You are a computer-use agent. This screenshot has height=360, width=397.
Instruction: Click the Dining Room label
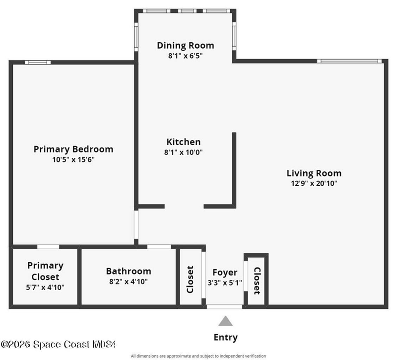(185, 46)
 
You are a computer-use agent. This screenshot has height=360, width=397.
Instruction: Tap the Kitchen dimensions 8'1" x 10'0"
(183, 152)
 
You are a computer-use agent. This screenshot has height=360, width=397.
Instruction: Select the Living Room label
(314, 173)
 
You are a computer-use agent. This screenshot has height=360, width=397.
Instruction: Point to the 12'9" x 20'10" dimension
(314, 183)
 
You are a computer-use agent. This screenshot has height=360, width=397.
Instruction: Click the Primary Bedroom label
(73, 149)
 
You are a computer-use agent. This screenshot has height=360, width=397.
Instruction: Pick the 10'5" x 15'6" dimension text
(73, 159)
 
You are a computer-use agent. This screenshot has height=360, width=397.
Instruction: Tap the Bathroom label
(129, 271)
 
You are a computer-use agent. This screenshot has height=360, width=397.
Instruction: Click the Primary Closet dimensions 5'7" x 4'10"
(45, 288)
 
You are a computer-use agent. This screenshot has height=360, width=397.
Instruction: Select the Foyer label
(225, 273)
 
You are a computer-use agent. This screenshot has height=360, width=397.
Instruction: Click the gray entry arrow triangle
(225, 321)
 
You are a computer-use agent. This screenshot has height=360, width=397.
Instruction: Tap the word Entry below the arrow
(226, 338)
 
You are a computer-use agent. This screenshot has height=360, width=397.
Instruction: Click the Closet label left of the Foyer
(190, 280)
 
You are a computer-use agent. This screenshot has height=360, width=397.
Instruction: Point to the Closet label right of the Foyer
(257, 281)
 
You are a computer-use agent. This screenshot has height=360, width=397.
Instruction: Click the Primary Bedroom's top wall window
(38, 63)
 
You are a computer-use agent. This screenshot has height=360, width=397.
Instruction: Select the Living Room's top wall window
(349, 61)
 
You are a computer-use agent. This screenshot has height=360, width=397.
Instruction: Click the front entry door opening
(224, 307)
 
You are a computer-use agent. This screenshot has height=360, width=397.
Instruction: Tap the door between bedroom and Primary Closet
(48, 247)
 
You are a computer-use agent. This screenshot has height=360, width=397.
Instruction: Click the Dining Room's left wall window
(136, 37)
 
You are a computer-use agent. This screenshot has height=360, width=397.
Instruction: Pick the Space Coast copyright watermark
(58, 345)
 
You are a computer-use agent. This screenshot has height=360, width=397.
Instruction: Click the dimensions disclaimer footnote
(198, 356)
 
